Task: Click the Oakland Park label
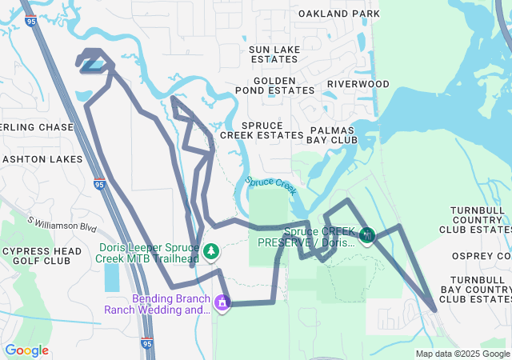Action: coord(338,14)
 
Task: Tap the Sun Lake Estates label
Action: coord(274,54)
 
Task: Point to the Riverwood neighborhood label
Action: coord(358,84)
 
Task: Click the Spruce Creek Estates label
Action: coord(262,131)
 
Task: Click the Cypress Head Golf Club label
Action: coord(41,256)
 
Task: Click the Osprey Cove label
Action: coord(486,256)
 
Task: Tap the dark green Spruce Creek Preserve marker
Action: coord(366,235)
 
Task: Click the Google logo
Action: coord(26,350)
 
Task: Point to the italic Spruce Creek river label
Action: coord(271,185)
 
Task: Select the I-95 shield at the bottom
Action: coord(146,343)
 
